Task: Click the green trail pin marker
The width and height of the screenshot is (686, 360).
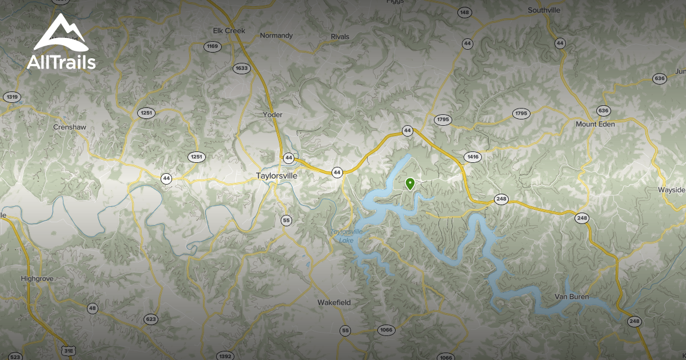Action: point(410,183)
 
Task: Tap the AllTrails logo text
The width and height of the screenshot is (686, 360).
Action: point(61,62)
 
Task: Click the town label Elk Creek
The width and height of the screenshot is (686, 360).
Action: point(229,30)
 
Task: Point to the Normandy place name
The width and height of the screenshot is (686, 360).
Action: point(276,35)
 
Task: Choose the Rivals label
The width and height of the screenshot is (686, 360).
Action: point(340,37)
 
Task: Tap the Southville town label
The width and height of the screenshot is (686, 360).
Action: point(544,10)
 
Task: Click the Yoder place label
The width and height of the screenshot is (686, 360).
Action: point(273,114)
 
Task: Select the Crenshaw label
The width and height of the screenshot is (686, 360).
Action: point(69,126)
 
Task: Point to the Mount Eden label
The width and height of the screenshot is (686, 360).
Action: point(595,124)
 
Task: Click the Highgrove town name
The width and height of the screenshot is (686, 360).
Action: point(37,278)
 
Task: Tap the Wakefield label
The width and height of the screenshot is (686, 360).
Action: point(334,302)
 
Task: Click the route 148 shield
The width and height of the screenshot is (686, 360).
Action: point(465,12)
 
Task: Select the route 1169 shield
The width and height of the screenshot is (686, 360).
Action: point(213,46)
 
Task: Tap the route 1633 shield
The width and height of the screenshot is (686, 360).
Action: point(242,68)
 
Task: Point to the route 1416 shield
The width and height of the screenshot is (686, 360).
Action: point(473,157)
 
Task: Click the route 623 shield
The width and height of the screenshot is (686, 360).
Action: point(151,319)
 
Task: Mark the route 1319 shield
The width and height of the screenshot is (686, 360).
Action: point(11,97)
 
